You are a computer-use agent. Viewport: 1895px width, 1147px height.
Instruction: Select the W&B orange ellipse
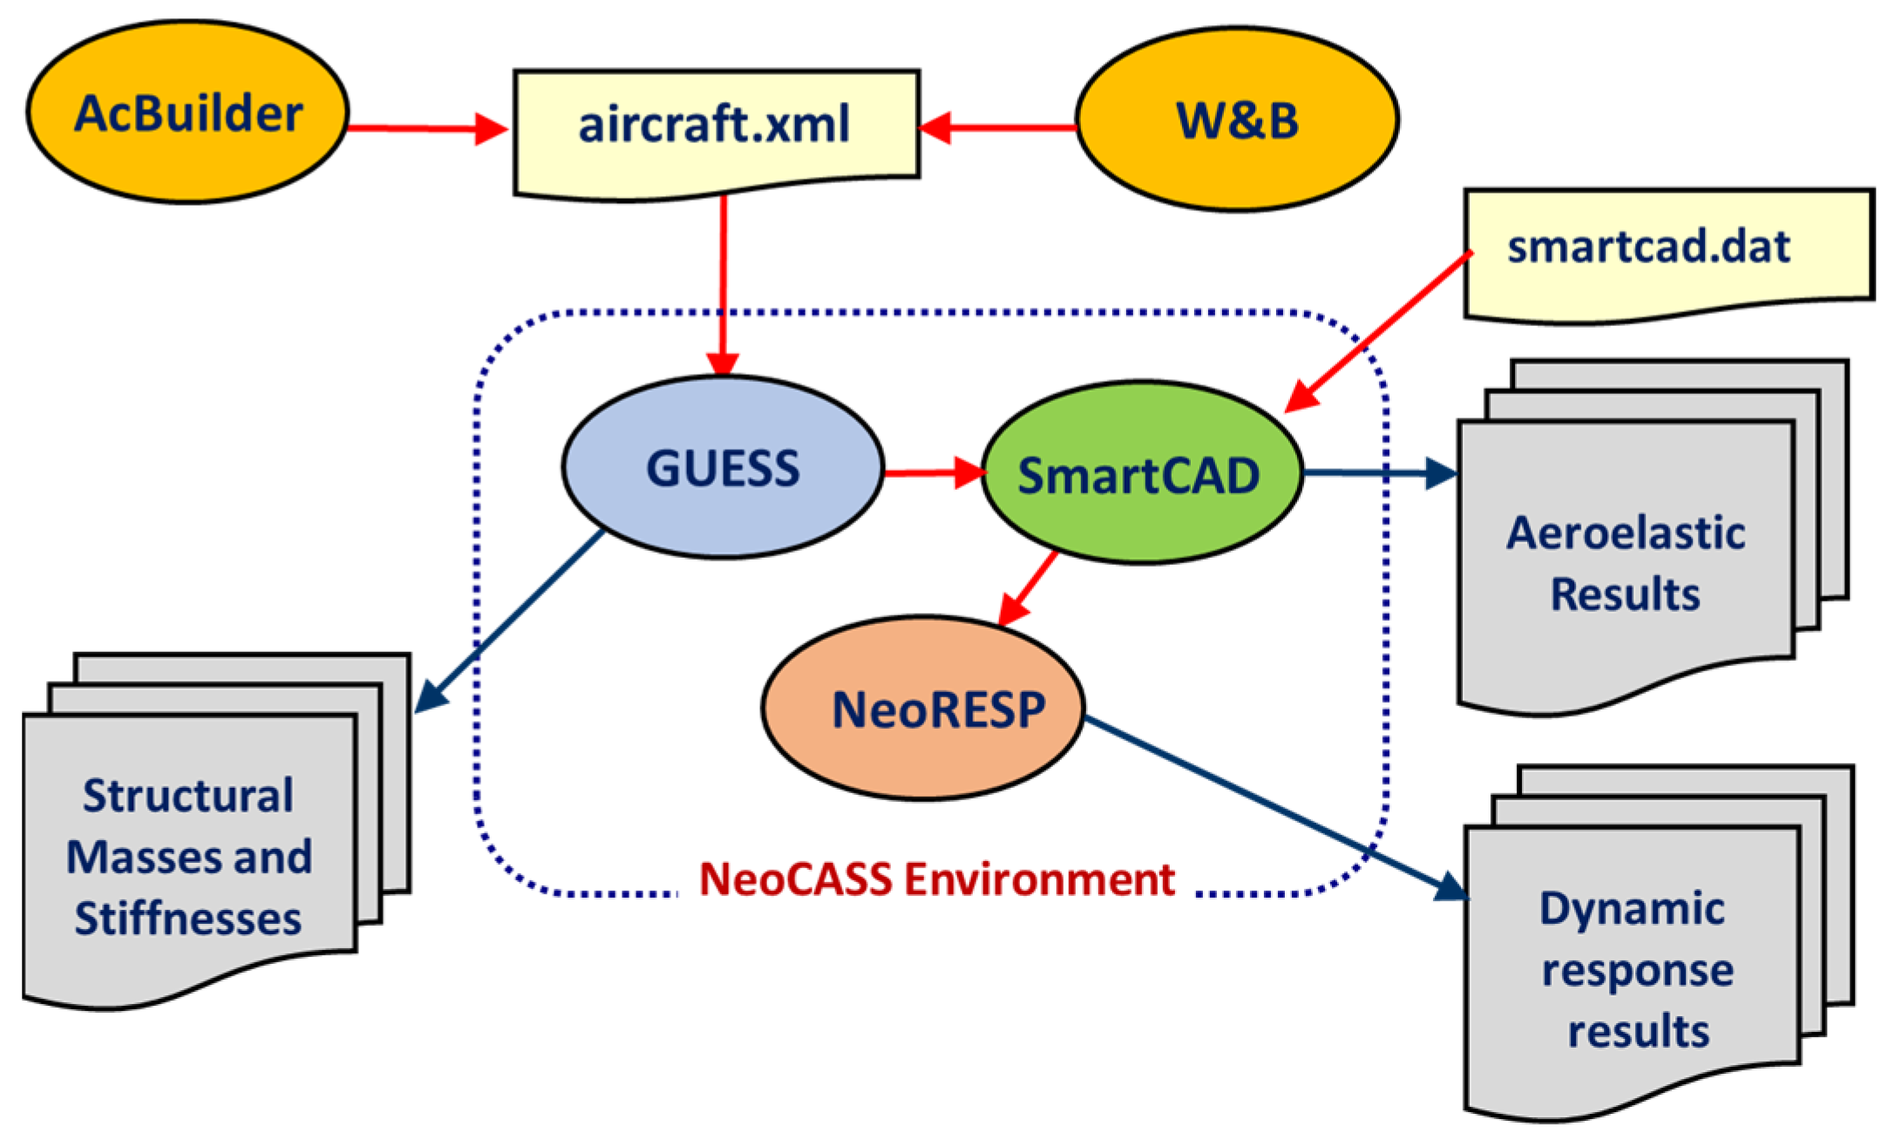point(1238,119)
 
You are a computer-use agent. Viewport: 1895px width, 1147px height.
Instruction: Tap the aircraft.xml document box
point(716,126)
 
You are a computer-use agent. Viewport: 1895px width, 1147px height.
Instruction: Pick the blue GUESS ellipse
point(723,468)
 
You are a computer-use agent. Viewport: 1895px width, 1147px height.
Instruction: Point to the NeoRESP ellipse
point(924,708)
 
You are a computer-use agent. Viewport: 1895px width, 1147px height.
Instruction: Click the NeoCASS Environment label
point(937,879)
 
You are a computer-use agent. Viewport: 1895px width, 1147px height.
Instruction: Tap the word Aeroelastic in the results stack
point(1626,533)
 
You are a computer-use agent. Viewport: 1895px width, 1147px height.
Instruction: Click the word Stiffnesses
point(188,919)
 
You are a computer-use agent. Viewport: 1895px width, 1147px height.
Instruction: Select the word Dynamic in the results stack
point(1632,909)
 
